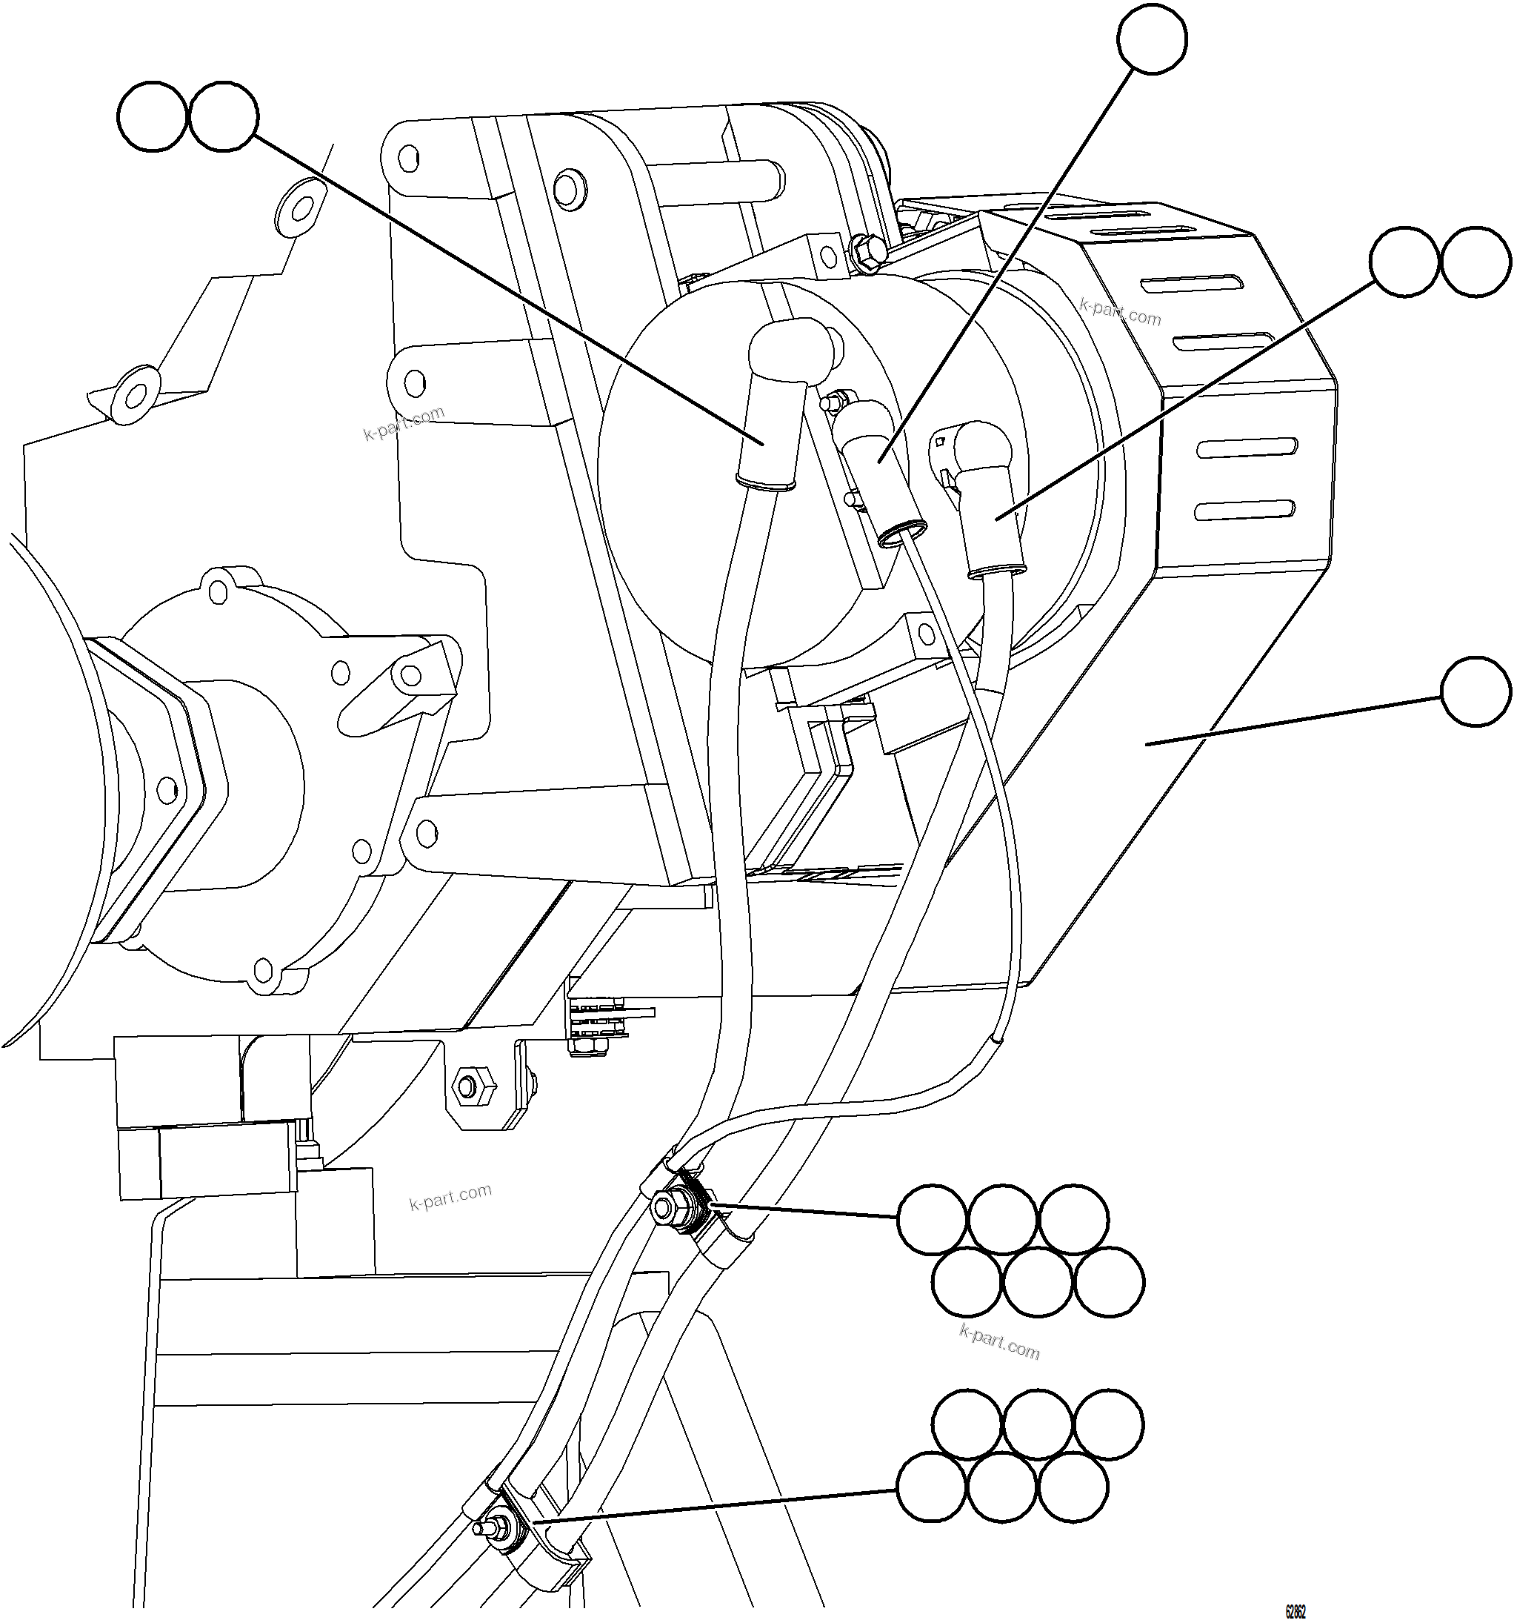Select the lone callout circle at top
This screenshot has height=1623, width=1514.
tap(1152, 39)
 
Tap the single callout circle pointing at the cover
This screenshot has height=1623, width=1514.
tap(1475, 691)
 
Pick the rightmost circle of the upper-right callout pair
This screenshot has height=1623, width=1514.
tap(1475, 262)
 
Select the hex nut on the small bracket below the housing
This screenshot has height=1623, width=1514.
tap(468, 1086)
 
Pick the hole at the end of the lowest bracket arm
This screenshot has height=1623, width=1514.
tap(424, 832)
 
